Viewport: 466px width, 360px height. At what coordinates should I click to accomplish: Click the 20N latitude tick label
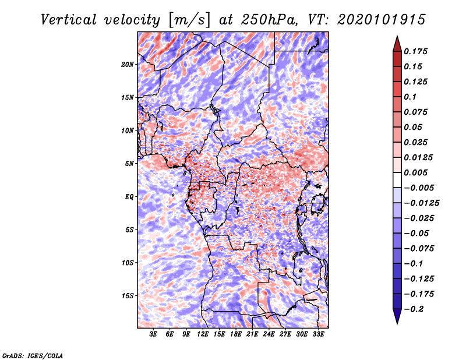tap(128, 64)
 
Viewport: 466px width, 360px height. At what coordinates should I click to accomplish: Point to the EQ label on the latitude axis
tap(129, 197)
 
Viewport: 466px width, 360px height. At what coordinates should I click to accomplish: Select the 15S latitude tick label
tap(128, 296)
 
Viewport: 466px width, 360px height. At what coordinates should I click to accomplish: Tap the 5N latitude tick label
tap(129, 164)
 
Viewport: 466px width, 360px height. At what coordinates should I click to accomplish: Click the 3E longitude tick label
tap(154, 335)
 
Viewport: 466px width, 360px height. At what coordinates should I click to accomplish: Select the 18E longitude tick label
tap(236, 335)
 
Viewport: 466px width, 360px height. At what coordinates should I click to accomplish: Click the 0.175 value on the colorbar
tap(418, 51)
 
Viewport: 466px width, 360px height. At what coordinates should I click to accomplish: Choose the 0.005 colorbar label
tap(418, 172)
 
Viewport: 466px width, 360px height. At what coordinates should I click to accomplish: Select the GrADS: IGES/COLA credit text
tap(32, 355)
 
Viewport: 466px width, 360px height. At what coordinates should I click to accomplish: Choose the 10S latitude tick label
tap(128, 263)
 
